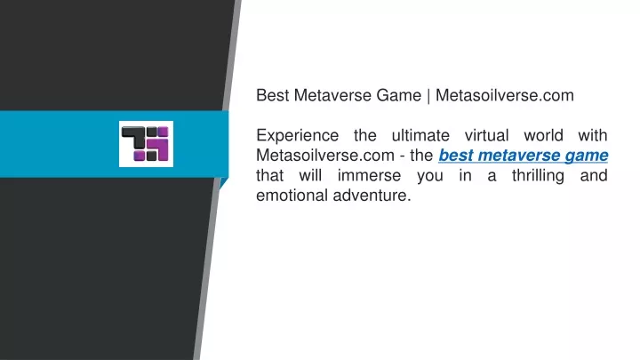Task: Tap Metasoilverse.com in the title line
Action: [x=505, y=95]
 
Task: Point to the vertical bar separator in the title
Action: [x=428, y=96]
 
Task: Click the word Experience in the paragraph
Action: [x=297, y=136]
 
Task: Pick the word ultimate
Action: [x=420, y=135]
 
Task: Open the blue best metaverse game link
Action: [x=524, y=156]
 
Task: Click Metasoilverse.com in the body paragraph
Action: [x=325, y=155]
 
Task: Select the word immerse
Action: [x=369, y=175]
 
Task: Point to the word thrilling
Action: [x=538, y=176]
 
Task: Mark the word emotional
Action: [x=292, y=195]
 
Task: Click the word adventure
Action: [x=372, y=195]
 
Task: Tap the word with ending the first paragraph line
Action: [x=593, y=135]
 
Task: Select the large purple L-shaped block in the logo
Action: [x=162, y=148]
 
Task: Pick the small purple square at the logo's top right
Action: [x=164, y=132]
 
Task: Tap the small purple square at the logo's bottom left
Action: [x=139, y=156]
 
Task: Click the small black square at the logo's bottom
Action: [x=151, y=156]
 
